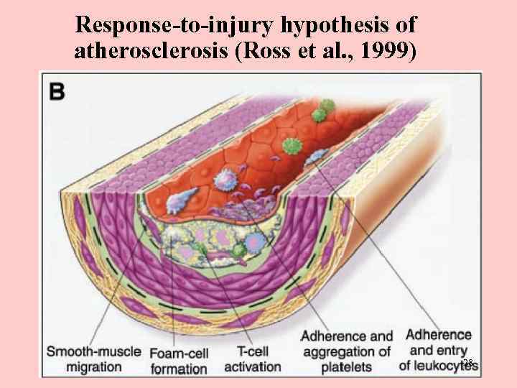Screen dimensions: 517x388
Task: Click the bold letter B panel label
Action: point(56,91)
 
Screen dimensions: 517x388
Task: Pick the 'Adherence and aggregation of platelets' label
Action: point(347,351)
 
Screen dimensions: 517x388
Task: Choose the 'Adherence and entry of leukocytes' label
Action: point(439,351)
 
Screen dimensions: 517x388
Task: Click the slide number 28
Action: point(467,364)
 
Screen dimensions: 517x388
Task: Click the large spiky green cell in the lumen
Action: point(292,147)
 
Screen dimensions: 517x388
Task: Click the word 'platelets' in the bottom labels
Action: point(347,367)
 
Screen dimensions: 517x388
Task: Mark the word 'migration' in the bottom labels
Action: point(93,366)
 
